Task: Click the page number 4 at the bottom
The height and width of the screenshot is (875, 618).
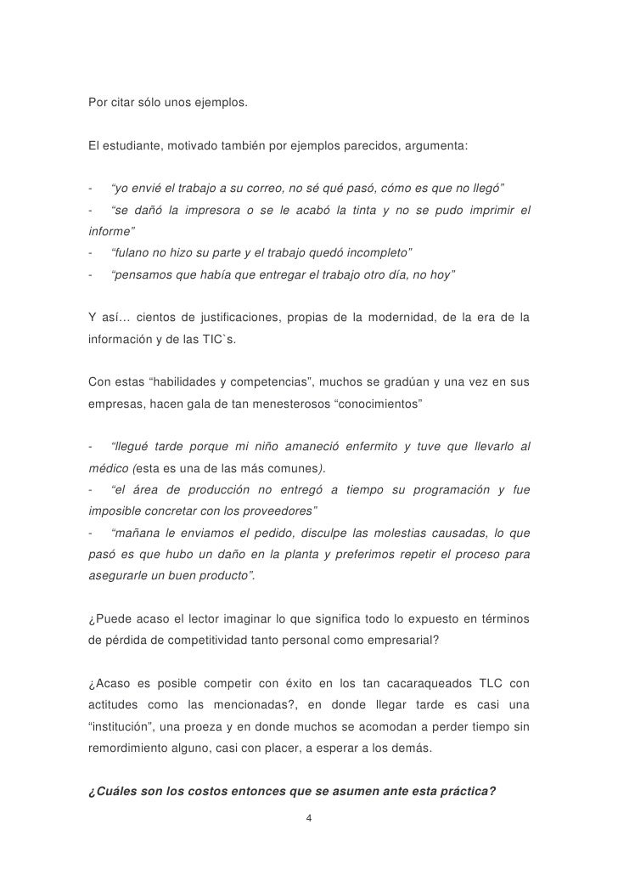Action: coord(310,819)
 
